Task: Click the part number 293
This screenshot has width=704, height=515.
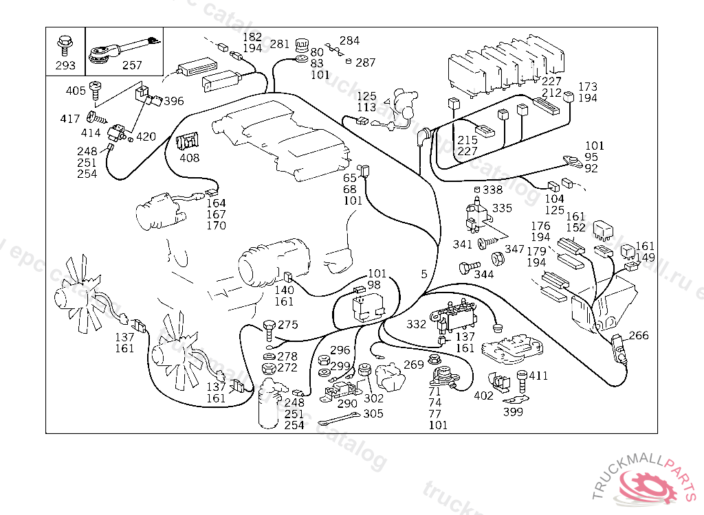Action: [65, 66]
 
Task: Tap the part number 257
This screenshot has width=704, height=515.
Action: [131, 66]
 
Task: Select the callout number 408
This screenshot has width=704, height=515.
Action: [189, 158]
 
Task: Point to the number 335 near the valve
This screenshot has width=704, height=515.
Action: [502, 207]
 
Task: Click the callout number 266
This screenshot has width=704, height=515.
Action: [639, 336]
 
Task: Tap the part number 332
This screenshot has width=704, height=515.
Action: [416, 323]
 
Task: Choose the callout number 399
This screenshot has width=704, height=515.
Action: [512, 412]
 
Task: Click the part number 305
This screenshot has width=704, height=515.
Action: [373, 413]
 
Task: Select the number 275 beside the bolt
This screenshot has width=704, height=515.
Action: [288, 325]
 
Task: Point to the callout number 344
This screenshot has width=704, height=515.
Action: [483, 275]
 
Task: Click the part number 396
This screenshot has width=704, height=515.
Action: [173, 101]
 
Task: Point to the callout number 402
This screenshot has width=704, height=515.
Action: [483, 396]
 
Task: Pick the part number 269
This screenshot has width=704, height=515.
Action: [413, 365]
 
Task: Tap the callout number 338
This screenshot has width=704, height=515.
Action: [492, 190]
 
